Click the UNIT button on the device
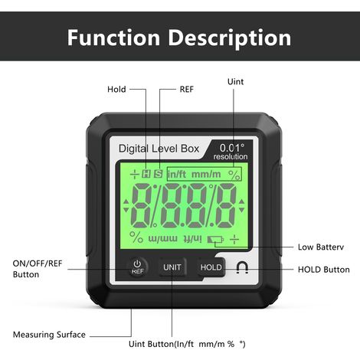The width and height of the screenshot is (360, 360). tap(172, 267)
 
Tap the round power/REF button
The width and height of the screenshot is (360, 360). tap(137, 267)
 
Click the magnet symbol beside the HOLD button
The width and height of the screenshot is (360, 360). tap(242, 267)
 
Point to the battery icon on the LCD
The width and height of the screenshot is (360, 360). tap(215, 240)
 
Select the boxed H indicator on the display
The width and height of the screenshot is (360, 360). tap(146, 174)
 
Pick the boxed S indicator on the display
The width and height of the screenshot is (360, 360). tap(159, 174)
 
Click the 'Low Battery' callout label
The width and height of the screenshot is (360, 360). tap(321, 247)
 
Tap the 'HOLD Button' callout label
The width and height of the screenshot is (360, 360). tap(324, 270)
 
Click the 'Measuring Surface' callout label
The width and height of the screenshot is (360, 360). tap(49, 335)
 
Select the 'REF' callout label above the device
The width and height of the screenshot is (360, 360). tap(187, 90)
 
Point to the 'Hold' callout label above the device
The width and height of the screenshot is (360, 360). tap(116, 90)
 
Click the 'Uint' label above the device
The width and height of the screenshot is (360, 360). tap(235, 82)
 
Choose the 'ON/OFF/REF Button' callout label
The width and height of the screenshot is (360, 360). tap(38, 269)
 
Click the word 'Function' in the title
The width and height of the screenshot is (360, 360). tap(113, 38)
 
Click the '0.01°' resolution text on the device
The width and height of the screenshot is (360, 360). tap(232, 148)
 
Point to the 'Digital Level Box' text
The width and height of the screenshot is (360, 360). tap(159, 149)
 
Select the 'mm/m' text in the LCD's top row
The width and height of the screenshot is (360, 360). tap(206, 175)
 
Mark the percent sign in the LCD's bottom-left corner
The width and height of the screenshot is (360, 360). tap(136, 237)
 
